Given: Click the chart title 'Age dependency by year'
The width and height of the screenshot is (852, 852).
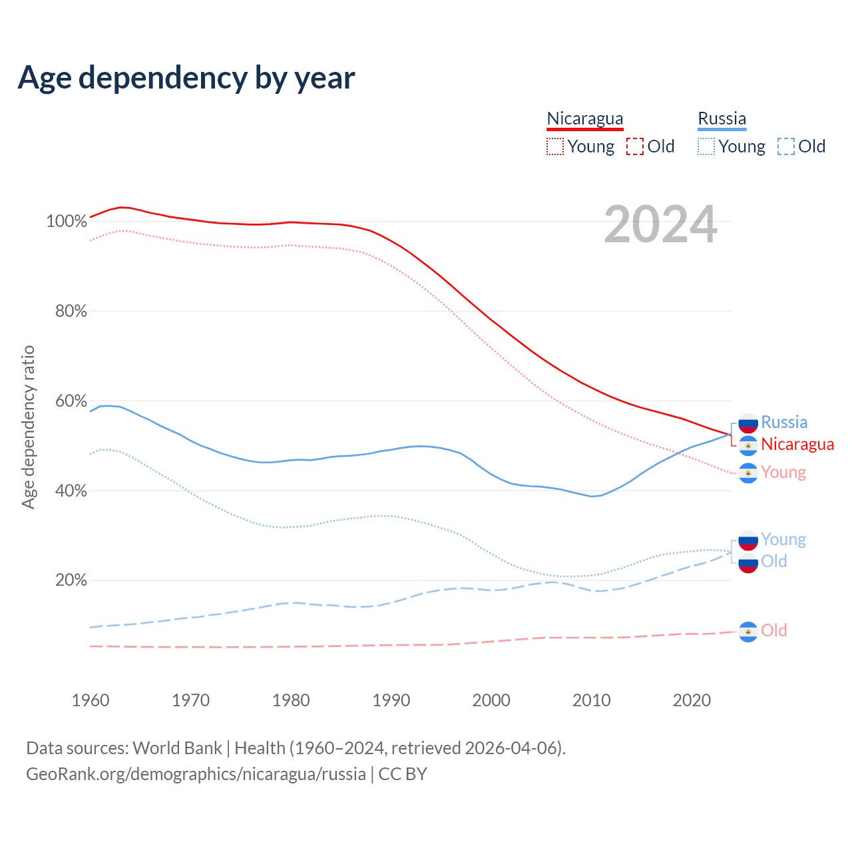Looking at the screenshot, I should point(186,77).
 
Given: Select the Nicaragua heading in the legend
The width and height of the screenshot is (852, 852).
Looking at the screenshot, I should point(584,118).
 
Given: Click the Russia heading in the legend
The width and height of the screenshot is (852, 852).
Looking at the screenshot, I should point(722,118).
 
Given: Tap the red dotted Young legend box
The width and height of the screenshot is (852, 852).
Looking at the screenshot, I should point(554,146).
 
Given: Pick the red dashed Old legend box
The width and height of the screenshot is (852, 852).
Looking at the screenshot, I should point(635,146).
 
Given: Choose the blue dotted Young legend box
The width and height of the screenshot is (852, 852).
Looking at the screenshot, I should point(706,146).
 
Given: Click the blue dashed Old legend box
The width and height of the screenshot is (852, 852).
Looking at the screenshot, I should point(786,146).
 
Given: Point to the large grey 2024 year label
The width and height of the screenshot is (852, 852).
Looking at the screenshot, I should point(660,225).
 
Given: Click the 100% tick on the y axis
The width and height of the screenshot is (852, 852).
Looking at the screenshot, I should point(67,221).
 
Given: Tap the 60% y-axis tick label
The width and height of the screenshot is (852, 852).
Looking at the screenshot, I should point(71,401).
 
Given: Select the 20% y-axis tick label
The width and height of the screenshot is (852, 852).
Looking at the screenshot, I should point(71,580).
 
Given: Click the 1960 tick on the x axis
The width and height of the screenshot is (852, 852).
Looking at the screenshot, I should point(91,700).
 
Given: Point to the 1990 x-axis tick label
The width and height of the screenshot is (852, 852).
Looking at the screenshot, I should point(391,700).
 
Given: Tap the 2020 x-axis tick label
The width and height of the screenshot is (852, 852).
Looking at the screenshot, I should point(692,700).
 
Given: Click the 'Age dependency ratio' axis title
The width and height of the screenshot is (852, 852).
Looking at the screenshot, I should point(28,427).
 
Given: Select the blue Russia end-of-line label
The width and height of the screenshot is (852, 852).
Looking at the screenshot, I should point(784,422).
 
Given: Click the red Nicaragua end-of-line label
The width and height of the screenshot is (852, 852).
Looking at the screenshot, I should point(797,444).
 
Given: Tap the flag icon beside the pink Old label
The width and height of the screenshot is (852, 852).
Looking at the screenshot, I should point(748,632).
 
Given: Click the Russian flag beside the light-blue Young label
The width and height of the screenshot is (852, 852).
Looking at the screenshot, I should point(748,540).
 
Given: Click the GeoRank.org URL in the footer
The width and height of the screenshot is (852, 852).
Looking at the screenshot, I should point(196,774).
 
